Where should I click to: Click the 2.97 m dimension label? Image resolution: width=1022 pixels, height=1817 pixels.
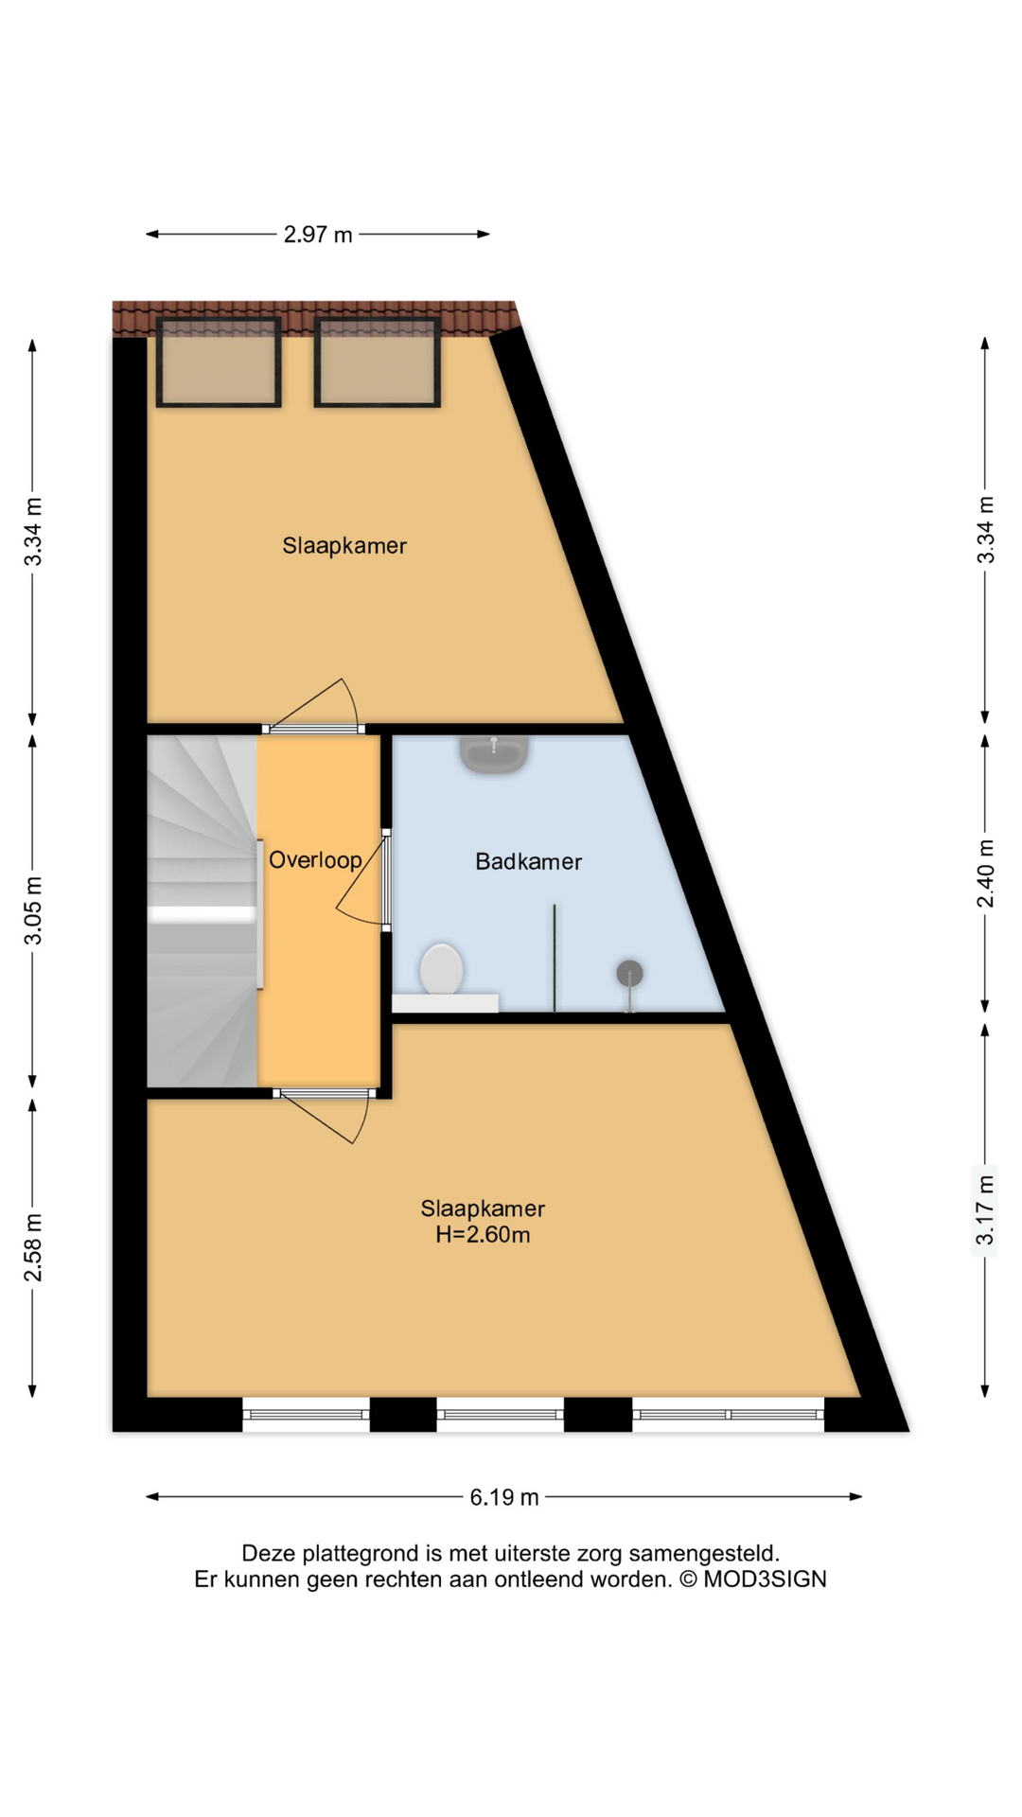click(x=318, y=235)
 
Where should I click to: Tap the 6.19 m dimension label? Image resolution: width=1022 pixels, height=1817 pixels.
click(x=504, y=1497)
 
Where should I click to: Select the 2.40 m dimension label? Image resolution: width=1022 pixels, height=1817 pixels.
click(x=986, y=873)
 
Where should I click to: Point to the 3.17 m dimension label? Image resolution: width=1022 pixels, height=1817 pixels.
click(x=986, y=1210)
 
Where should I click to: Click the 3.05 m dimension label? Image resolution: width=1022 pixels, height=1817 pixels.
click(x=33, y=910)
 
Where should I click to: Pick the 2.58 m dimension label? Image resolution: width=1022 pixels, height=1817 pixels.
click(x=33, y=1247)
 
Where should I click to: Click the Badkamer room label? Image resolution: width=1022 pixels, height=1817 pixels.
click(x=528, y=861)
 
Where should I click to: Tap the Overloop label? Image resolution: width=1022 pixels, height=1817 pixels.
click(x=315, y=859)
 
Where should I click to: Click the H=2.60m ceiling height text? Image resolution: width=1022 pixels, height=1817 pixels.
click(x=483, y=1234)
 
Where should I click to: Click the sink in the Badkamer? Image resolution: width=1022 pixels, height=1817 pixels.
click(x=494, y=753)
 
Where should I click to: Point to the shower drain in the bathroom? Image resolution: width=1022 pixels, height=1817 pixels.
click(x=629, y=973)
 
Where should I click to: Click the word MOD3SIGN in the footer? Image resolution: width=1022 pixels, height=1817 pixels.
click(x=765, y=1579)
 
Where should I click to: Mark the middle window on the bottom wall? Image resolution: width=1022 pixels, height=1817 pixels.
click(x=501, y=1415)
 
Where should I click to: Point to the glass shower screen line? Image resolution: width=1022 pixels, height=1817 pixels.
click(x=555, y=958)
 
